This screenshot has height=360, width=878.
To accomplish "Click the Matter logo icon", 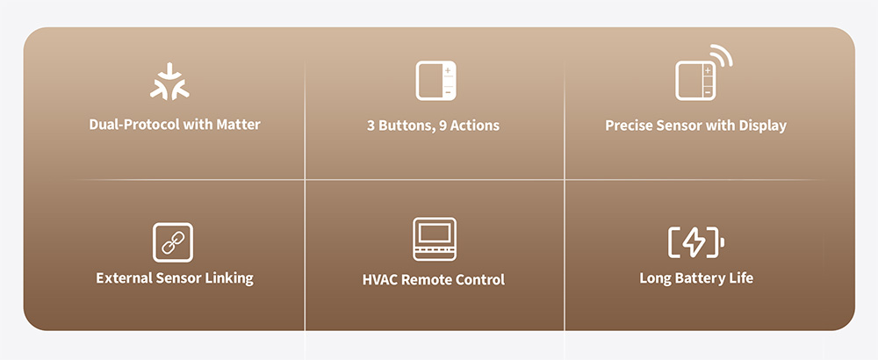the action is [169, 82].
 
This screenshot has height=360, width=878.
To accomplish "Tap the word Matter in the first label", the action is [240, 125].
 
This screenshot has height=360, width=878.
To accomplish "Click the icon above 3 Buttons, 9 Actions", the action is [435, 81].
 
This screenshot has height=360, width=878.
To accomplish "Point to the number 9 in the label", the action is [443, 126].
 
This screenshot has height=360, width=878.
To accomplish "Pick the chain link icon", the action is [172, 242].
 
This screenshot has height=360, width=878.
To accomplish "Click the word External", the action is [121, 278].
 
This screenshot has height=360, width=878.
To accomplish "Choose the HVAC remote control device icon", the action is [435, 239].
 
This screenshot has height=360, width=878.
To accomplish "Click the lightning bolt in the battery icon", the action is [694, 242].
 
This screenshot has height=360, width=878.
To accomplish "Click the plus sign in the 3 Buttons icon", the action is [448, 70].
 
